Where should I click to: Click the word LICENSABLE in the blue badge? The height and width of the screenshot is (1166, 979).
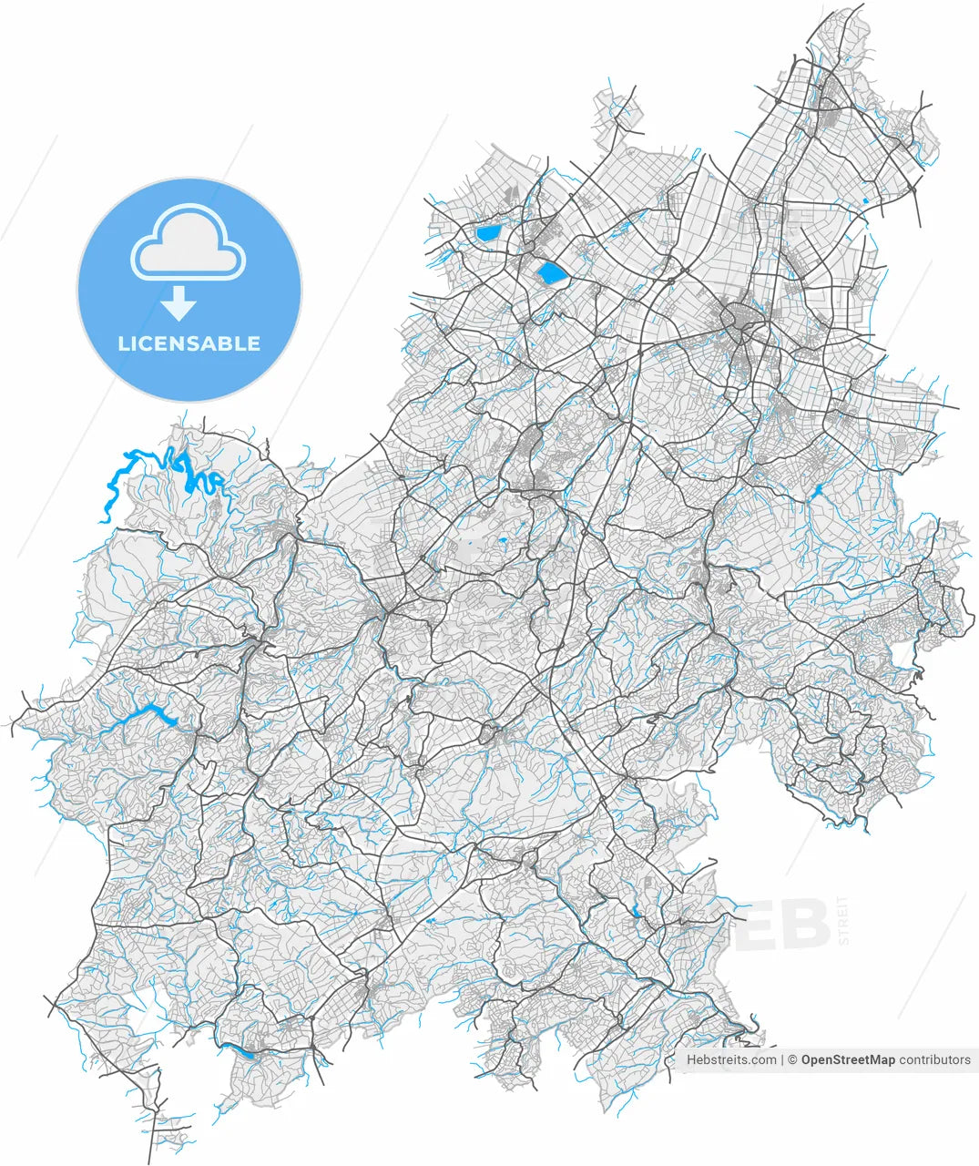click(x=189, y=344)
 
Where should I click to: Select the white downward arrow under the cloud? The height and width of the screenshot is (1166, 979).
click(x=179, y=303)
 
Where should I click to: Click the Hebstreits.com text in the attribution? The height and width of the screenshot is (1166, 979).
click(x=731, y=1059)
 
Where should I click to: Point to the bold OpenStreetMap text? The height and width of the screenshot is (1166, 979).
click(x=848, y=1059)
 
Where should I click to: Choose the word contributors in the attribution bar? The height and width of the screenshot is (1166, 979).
click(x=935, y=1059)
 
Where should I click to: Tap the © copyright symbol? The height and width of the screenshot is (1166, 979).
click(x=792, y=1059)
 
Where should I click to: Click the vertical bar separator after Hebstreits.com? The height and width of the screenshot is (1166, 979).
click(x=782, y=1059)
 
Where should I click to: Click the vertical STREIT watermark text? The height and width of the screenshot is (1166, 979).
click(x=843, y=920)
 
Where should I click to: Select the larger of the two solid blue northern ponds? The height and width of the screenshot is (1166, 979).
click(x=550, y=272)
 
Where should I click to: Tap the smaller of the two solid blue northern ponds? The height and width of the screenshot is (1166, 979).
click(x=488, y=233)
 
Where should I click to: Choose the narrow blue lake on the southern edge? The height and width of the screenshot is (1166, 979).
click(x=243, y=1052)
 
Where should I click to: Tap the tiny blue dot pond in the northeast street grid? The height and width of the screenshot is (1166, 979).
click(x=865, y=199)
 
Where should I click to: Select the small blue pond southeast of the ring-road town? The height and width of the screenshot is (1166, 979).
click(x=818, y=492)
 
